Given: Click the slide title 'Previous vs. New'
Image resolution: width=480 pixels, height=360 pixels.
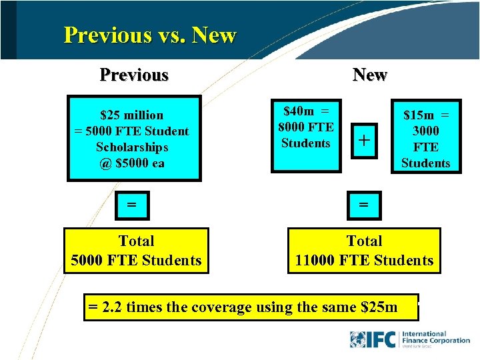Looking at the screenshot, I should pos(150,35).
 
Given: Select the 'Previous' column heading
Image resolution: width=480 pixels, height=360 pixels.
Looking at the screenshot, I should pos(134,74).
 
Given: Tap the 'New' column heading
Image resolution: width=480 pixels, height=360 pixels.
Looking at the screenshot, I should pos(370,74).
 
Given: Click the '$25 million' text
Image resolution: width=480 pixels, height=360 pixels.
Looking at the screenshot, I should pos(131,115).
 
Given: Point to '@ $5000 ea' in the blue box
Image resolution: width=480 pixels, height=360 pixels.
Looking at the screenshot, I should pos(131,163).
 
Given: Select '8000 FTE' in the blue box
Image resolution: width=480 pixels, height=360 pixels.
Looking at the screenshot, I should pos(306,127).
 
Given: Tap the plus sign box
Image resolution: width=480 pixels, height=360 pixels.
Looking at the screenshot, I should pos(364,140).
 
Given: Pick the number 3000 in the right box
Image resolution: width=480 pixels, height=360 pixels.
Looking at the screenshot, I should pos(425,131).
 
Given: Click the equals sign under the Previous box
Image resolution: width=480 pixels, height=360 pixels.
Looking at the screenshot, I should pos(132,205).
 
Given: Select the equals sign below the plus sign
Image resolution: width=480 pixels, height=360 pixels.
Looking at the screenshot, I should pos(364,205).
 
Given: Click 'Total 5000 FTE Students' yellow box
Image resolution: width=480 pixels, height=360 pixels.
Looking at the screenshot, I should pos(136,251).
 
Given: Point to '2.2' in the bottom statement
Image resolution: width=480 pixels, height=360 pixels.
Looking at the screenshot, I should pos(111,307).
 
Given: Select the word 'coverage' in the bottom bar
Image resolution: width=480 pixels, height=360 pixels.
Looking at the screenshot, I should pos(221,307).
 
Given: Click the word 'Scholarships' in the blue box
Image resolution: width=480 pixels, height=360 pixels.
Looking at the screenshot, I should pos(131,147).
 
